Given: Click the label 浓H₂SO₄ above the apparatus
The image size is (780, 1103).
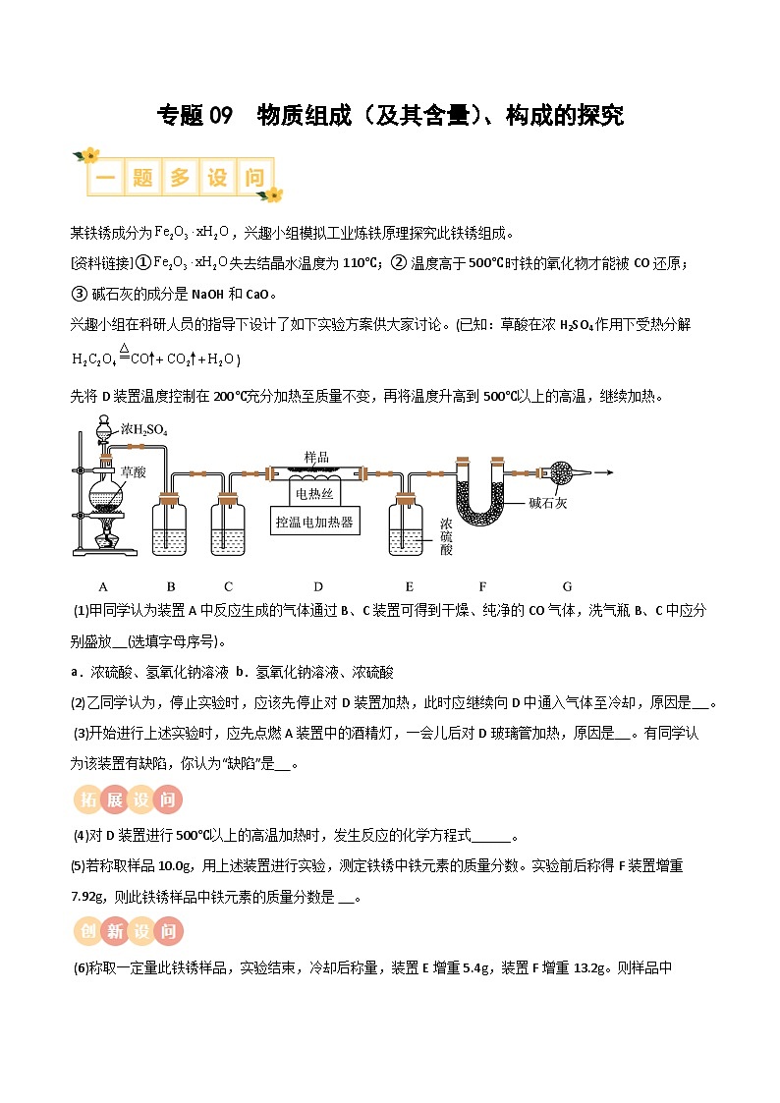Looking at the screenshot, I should pos(144,429).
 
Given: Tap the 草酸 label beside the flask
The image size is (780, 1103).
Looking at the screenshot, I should pos(133,471).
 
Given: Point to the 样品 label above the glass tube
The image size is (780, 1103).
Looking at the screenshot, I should pos(316,458).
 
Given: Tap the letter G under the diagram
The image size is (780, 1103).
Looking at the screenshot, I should pos(567,586).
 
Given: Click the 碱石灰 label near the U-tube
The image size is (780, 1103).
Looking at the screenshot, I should pos(547,503).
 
